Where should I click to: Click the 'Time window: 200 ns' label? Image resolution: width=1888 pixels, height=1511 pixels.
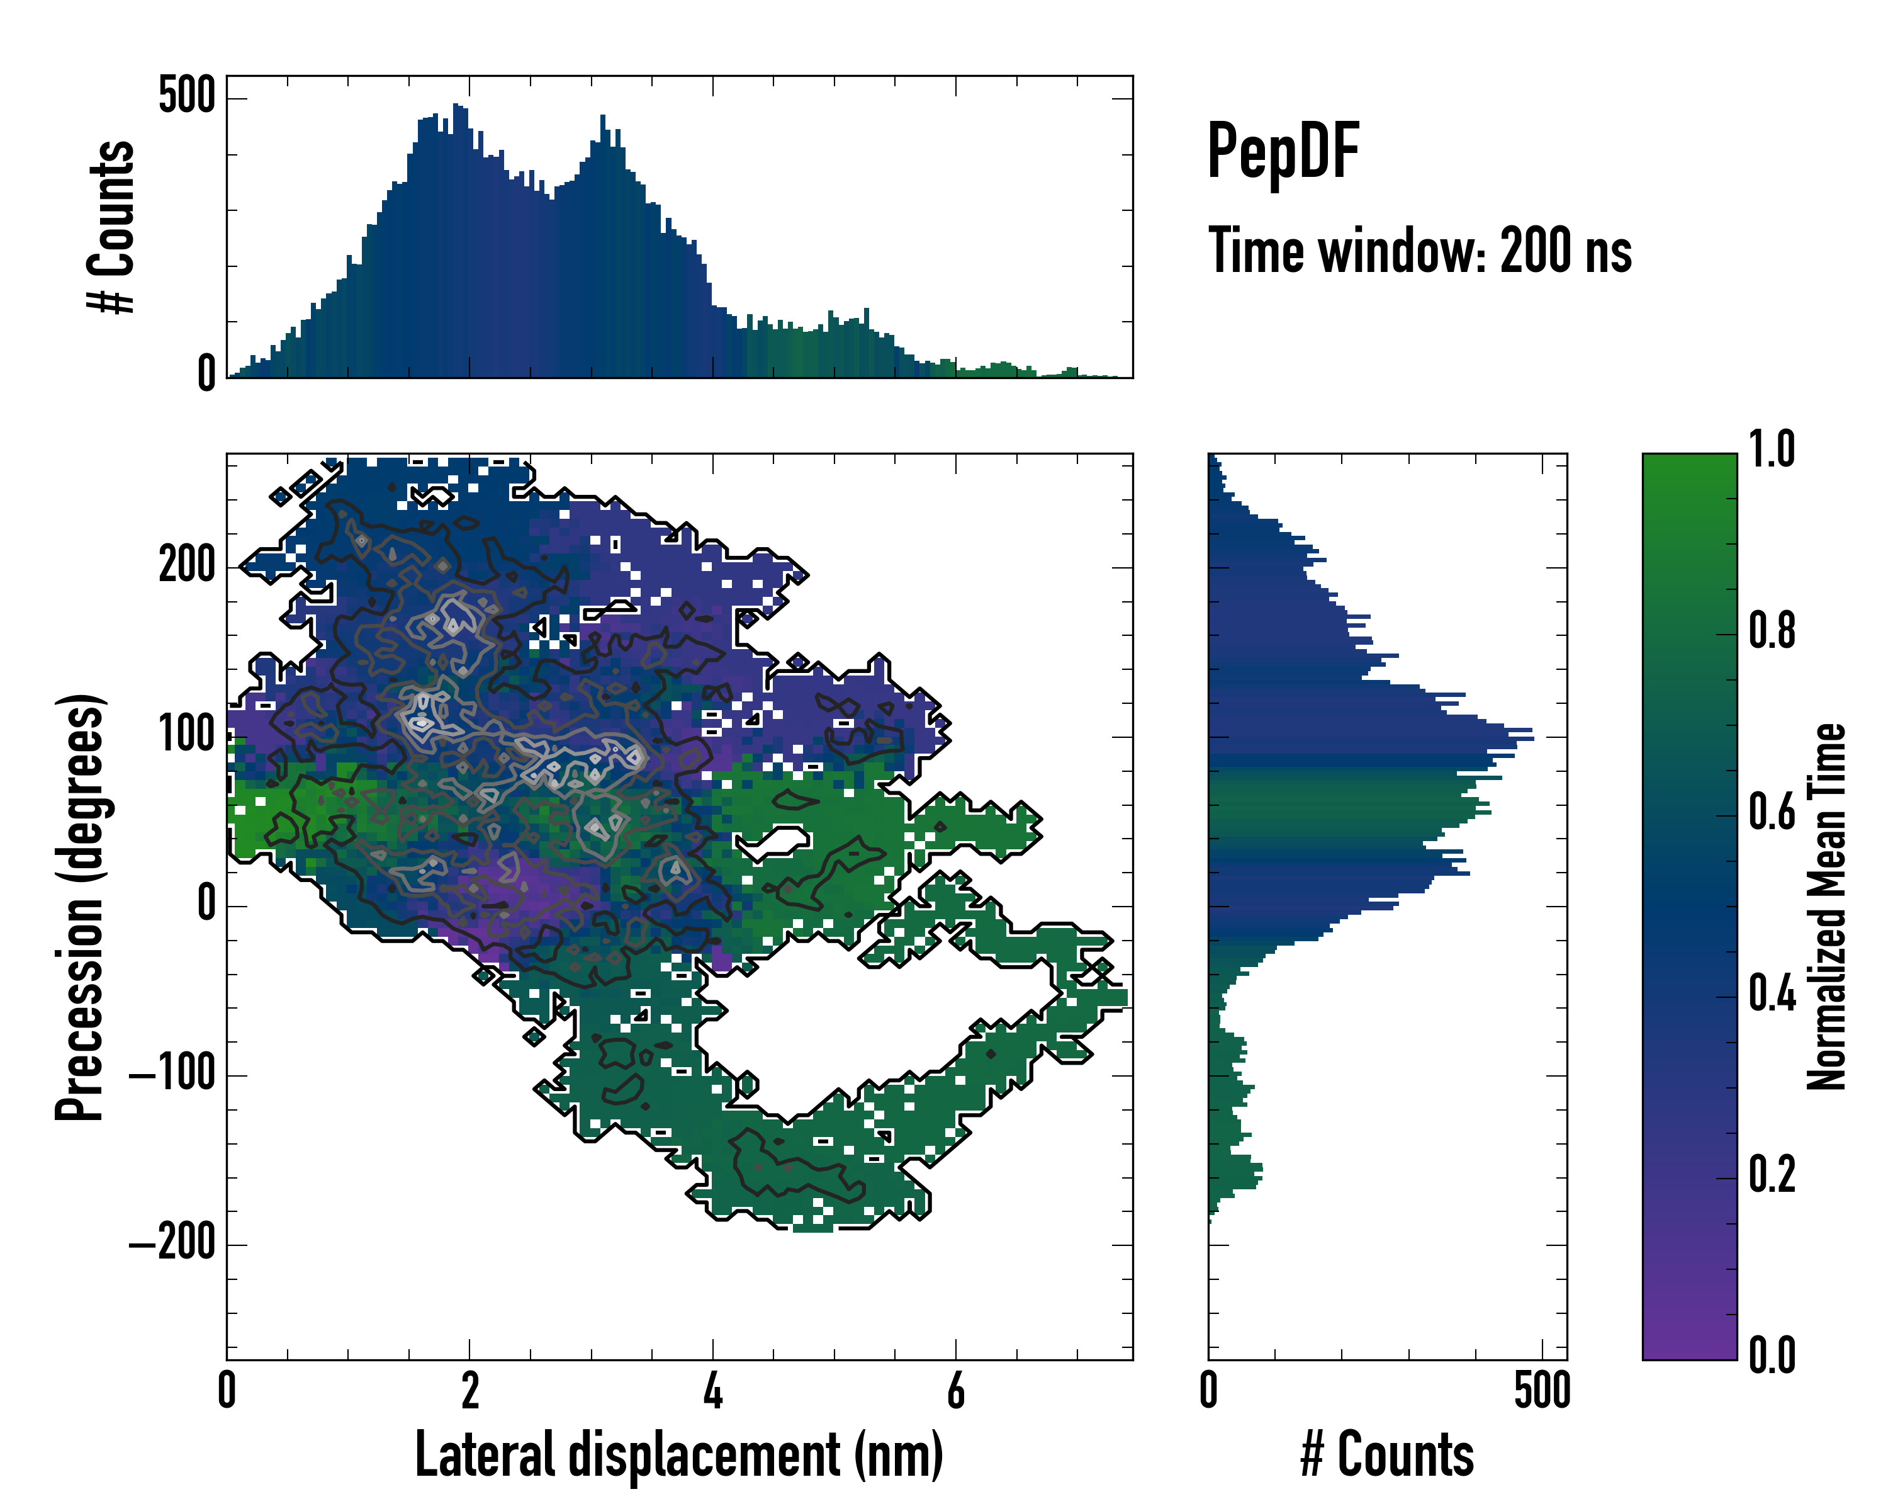click(1420, 251)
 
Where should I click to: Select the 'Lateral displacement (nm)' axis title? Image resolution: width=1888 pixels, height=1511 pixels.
click(678, 1454)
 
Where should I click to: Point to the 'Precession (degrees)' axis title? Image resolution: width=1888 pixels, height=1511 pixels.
click(81, 907)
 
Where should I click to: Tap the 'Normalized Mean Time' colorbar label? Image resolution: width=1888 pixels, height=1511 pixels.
click(1827, 907)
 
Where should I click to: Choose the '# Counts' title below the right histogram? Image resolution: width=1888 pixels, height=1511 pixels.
click(1387, 1454)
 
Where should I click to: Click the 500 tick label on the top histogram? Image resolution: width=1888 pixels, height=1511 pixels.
click(186, 94)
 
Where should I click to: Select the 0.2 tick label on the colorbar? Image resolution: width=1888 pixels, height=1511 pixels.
click(1772, 1175)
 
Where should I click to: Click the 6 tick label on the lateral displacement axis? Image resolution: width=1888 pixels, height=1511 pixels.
click(955, 1391)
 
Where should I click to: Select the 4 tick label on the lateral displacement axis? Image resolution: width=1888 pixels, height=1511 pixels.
click(713, 1391)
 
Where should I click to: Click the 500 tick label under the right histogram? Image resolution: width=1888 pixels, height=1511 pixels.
click(1542, 1391)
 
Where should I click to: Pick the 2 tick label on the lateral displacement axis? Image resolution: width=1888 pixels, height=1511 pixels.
click(470, 1391)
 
